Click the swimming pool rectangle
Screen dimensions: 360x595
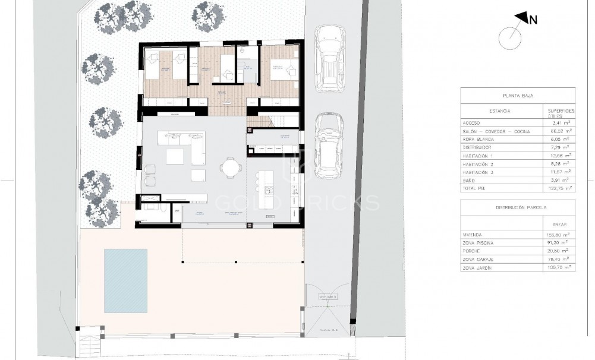(x=125, y=281)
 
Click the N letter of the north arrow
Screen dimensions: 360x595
(x=533, y=20)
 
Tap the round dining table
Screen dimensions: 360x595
(x=229, y=168)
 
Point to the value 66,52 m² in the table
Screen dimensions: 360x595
(x=560, y=131)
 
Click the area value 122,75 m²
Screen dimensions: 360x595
(x=560, y=188)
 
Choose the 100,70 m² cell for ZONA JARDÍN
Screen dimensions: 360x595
(x=560, y=268)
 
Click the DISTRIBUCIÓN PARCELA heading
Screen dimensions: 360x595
(x=518, y=208)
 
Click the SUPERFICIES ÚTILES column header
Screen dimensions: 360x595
(x=560, y=113)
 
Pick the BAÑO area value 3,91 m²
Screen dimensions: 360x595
(x=560, y=179)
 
